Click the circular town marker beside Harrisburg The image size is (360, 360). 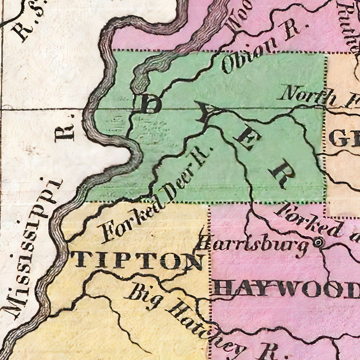click(x=317, y=243)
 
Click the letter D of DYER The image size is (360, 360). click(x=150, y=104)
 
